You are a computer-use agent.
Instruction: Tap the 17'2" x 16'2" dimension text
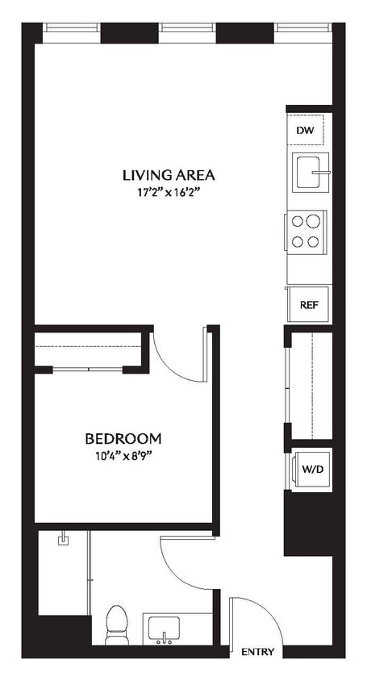click(x=169, y=193)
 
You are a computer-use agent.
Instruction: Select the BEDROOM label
click(x=123, y=439)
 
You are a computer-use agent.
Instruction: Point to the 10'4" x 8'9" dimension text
click(x=123, y=456)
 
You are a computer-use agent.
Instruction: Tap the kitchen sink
click(x=309, y=172)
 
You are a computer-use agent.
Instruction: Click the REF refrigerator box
click(x=307, y=304)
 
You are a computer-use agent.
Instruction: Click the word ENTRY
click(x=258, y=652)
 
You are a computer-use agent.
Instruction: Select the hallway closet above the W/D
click(x=308, y=384)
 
